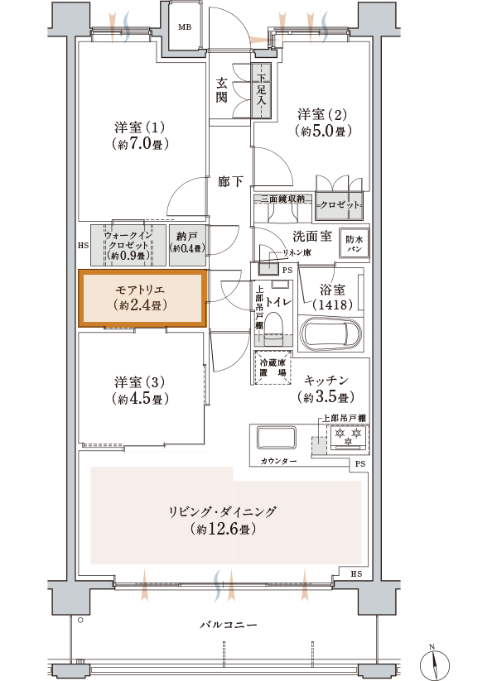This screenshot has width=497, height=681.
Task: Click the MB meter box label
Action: (185, 27)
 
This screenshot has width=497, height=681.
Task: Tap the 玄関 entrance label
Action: (222, 90)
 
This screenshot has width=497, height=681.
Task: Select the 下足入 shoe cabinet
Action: (261, 90)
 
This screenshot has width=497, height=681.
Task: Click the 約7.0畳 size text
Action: (140, 144)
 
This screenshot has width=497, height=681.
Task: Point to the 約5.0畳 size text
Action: (323, 130)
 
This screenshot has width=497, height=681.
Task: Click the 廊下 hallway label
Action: (230, 181)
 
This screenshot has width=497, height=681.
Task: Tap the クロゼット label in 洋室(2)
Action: (340, 204)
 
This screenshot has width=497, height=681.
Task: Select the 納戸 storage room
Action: (187, 245)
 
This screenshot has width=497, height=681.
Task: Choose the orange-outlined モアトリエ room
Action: (142, 298)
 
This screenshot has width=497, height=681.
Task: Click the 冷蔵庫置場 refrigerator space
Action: (273, 367)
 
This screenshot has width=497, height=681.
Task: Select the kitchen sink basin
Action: (277, 439)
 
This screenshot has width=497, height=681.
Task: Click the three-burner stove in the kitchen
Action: (349, 438)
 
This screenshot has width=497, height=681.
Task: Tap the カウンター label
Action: (278, 461)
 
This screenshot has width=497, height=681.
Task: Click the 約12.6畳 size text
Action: (223, 529)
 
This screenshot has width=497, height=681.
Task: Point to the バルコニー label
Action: (229, 625)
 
